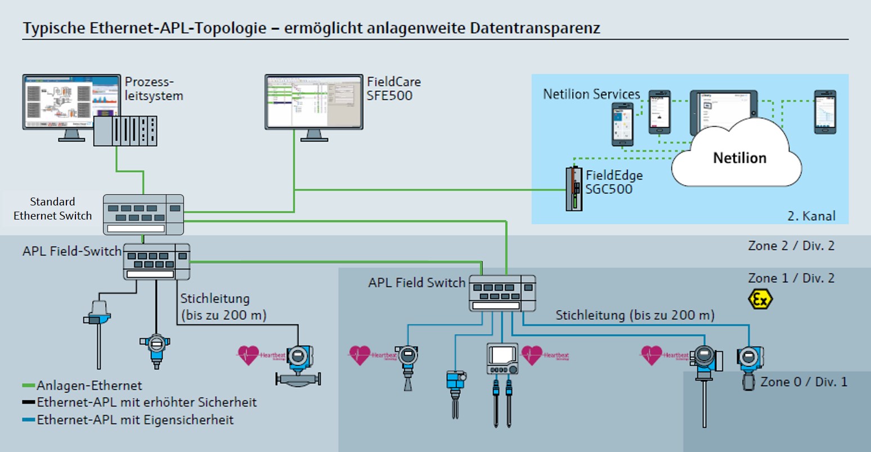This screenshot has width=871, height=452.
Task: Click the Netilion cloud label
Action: coord(739,158)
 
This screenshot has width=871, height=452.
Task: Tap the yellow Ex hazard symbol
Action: coord(760,299)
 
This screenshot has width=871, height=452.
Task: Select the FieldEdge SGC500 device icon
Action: coord(574,189)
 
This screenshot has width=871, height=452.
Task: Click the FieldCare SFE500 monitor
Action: coord(314,102)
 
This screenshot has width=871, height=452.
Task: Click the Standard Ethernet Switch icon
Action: coord(143,214)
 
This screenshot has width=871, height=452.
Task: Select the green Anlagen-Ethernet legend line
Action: coord(29,386)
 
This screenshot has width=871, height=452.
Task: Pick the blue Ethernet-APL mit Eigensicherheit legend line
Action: coord(29,420)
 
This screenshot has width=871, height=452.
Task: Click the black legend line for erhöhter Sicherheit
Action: coord(29,403)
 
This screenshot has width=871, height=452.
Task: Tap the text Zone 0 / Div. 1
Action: coord(803,382)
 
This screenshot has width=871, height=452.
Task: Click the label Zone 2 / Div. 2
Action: coord(791,245)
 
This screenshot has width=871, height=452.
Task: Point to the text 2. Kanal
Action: coord(811,216)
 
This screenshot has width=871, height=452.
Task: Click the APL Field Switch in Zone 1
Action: coord(502,293)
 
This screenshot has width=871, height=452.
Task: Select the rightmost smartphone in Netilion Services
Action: coord(824,112)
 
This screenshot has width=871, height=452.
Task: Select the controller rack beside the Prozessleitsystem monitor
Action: coord(125,131)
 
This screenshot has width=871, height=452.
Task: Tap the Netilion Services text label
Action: coord(591,94)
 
